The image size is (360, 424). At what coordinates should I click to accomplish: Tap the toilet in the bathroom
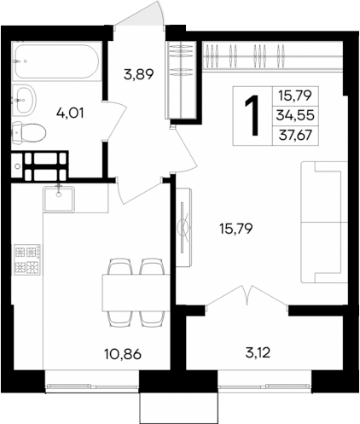tap(29, 132)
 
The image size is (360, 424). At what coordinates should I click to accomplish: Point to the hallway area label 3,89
tap(138, 74)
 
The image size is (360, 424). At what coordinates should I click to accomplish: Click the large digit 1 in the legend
tap(253, 115)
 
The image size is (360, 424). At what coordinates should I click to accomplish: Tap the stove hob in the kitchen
tap(28, 261)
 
